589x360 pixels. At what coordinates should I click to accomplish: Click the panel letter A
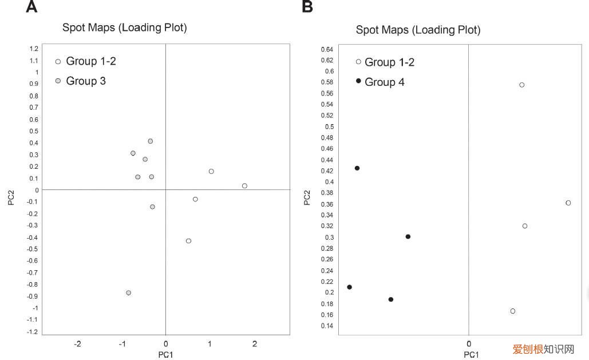[x=31, y=7]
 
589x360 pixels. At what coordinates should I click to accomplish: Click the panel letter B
[x=307, y=7]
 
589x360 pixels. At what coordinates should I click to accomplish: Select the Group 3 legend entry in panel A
[x=81, y=81]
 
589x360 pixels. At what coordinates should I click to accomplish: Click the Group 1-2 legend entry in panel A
[x=86, y=61]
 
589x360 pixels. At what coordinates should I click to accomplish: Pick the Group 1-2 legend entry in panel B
[x=385, y=62]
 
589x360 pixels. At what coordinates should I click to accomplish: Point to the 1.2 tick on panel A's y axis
[x=34, y=49]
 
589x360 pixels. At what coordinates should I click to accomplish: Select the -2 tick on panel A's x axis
[x=77, y=344]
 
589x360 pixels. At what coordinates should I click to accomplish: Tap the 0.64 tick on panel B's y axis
[x=327, y=49]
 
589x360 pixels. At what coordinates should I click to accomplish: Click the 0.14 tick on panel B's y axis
[x=327, y=326]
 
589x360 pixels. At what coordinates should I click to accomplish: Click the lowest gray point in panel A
[x=129, y=292]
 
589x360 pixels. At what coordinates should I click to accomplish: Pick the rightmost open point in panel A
[x=244, y=186]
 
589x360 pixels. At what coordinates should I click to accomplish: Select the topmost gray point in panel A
[x=151, y=141]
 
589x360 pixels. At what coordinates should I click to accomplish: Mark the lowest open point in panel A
[x=188, y=241]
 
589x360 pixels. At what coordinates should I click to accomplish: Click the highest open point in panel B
[x=522, y=85]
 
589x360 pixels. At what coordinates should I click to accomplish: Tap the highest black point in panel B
[x=357, y=168]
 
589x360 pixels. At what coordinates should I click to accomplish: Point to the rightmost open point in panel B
[x=568, y=203]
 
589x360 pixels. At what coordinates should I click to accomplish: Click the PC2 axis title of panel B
[x=307, y=197]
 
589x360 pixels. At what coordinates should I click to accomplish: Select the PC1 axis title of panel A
[x=165, y=355]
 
